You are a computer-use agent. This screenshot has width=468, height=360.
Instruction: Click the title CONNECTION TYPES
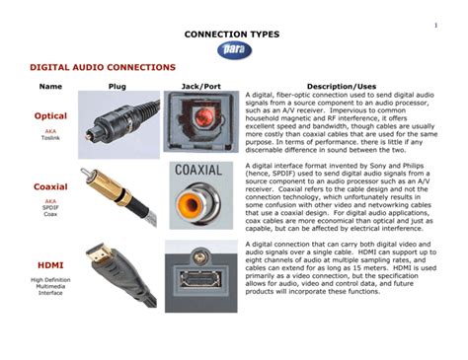(x=234, y=35)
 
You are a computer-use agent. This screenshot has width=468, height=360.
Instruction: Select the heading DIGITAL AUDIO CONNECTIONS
(x=103, y=67)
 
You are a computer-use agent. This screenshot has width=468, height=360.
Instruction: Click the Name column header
(x=50, y=87)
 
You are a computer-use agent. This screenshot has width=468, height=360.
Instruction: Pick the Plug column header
(x=117, y=87)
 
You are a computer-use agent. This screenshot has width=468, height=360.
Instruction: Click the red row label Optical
(x=50, y=116)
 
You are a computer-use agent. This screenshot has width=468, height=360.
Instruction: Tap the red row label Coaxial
(x=50, y=186)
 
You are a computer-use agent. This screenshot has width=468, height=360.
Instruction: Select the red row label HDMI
(x=50, y=265)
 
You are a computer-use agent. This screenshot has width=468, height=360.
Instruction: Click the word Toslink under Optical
(x=50, y=139)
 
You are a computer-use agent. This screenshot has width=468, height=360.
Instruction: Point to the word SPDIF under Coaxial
(x=50, y=207)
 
